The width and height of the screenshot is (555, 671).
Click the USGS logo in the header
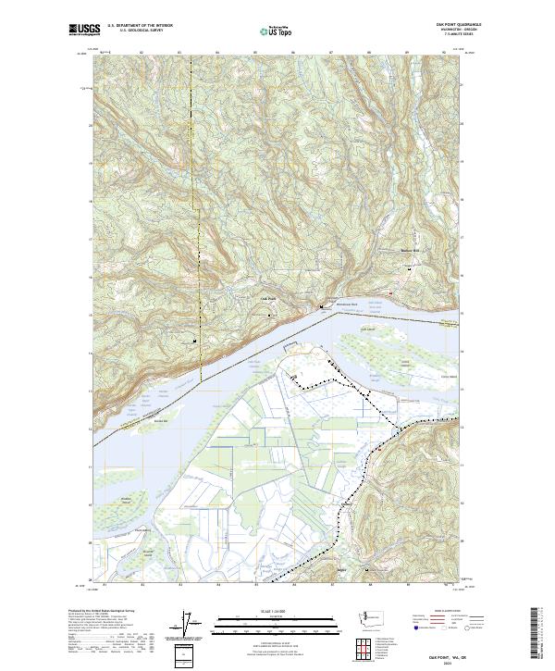pos(84,30)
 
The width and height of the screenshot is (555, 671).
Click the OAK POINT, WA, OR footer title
pos(450,656)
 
